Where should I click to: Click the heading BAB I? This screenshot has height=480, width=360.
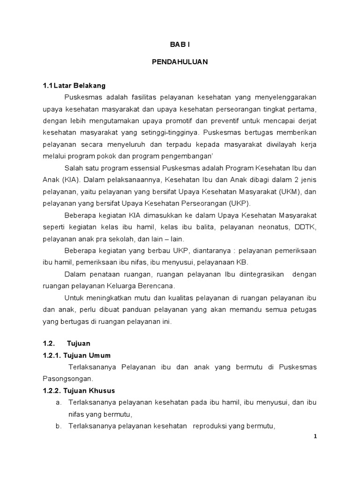click(x=180, y=45)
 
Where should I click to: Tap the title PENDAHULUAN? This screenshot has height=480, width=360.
click(x=180, y=61)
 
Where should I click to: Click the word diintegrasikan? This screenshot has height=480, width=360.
click(x=255, y=274)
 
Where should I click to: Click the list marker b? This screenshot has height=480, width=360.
click(x=58, y=426)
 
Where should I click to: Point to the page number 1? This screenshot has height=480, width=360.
click(x=315, y=436)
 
